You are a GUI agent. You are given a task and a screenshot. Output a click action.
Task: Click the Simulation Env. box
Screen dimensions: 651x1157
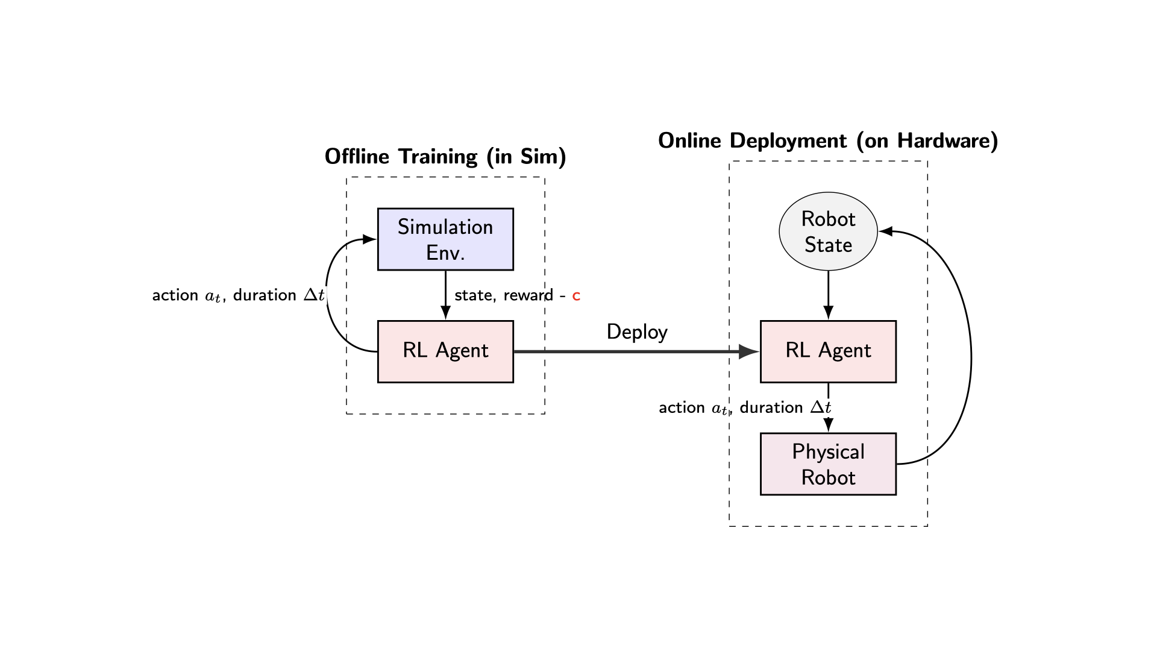tap(445, 239)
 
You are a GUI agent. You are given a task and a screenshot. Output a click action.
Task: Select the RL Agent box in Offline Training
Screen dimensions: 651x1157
tap(445, 351)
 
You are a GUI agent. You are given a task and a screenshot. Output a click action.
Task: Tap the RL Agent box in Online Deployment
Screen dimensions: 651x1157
tap(828, 351)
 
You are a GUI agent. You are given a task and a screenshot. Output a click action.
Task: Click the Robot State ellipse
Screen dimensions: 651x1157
tap(828, 231)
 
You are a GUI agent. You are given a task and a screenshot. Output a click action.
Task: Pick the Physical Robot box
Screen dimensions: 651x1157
tap(828, 464)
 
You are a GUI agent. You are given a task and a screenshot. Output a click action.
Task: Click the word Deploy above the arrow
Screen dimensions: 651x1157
tap(637, 332)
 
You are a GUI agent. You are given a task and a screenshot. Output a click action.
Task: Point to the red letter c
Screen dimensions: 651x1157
tap(576, 296)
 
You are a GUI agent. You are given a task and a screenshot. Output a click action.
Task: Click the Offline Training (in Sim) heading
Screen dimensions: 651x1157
tap(445, 157)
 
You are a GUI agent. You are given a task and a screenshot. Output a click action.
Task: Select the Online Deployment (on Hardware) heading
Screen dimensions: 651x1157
tap(828, 140)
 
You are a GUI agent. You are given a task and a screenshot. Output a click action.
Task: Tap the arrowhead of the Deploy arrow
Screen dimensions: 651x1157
tap(749, 351)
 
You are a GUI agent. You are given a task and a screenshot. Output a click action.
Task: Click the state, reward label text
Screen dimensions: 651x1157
tap(503, 295)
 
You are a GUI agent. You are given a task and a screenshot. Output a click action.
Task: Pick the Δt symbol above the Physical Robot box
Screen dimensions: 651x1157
tap(821, 407)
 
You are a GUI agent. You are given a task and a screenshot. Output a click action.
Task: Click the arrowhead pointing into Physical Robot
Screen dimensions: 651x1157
tap(828, 425)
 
